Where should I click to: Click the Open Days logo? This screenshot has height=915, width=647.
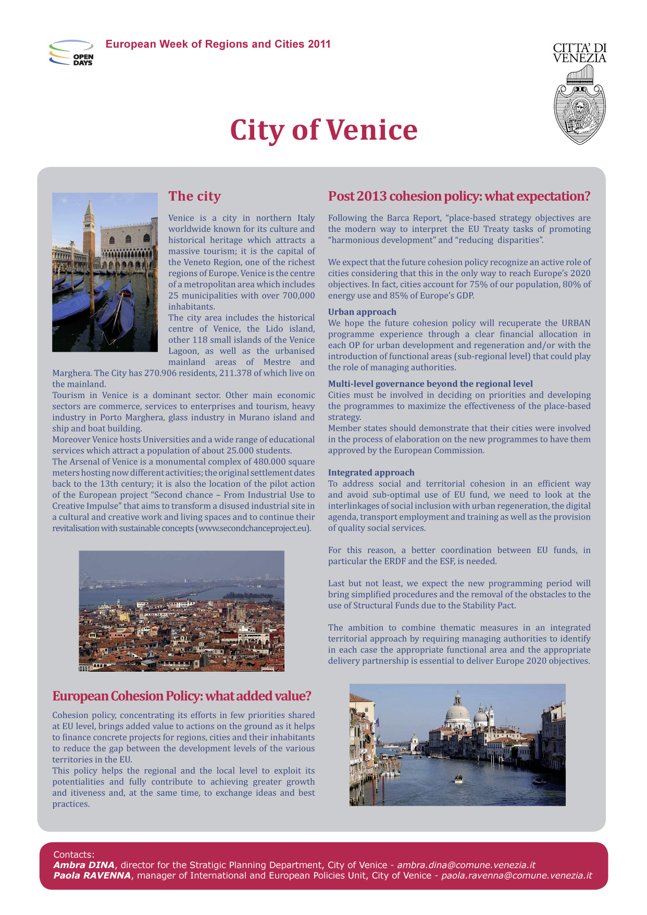click(x=71, y=53)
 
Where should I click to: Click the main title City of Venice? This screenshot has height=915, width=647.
click(x=323, y=130)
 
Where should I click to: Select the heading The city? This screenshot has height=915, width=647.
click(x=194, y=196)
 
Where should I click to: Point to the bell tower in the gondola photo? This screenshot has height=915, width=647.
click(x=89, y=229)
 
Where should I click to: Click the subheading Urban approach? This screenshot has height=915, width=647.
click(x=362, y=312)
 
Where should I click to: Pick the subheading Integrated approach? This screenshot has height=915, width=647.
click(x=371, y=473)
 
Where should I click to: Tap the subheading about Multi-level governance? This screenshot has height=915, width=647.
click(x=430, y=384)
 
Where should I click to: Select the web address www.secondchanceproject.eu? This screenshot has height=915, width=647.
click(x=253, y=528)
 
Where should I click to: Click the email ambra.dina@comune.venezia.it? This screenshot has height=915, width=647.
click(x=466, y=865)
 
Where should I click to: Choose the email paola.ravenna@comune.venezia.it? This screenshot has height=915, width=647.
click(x=516, y=875)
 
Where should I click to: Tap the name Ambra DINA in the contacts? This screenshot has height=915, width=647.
click(x=83, y=865)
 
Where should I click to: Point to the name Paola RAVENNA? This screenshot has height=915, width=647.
click(x=92, y=875)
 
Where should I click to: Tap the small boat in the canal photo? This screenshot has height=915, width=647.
click(x=458, y=780)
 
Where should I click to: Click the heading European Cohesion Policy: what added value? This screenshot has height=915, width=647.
click(x=182, y=696)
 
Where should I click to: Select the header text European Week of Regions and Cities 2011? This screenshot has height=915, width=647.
click(x=218, y=44)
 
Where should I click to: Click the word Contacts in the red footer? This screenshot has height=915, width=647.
click(x=73, y=855)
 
